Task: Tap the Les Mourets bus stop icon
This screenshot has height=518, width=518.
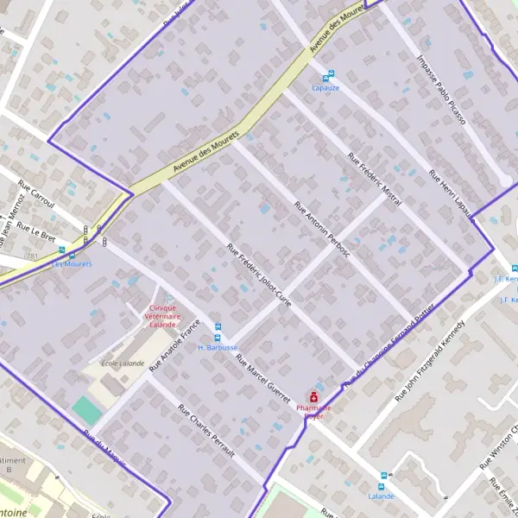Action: (x=60, y=252)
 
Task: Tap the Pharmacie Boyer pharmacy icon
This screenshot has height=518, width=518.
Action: (x=313, y=395)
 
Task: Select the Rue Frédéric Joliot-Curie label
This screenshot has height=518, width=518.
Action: (x=259, y=275)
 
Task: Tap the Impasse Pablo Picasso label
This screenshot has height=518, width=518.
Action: (x=441, y=91)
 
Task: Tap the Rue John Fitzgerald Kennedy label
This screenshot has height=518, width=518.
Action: (x=429, y=362)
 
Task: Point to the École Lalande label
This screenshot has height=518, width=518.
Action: (x=123, y=363)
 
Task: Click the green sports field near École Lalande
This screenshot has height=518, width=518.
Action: (x=86, y=410)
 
